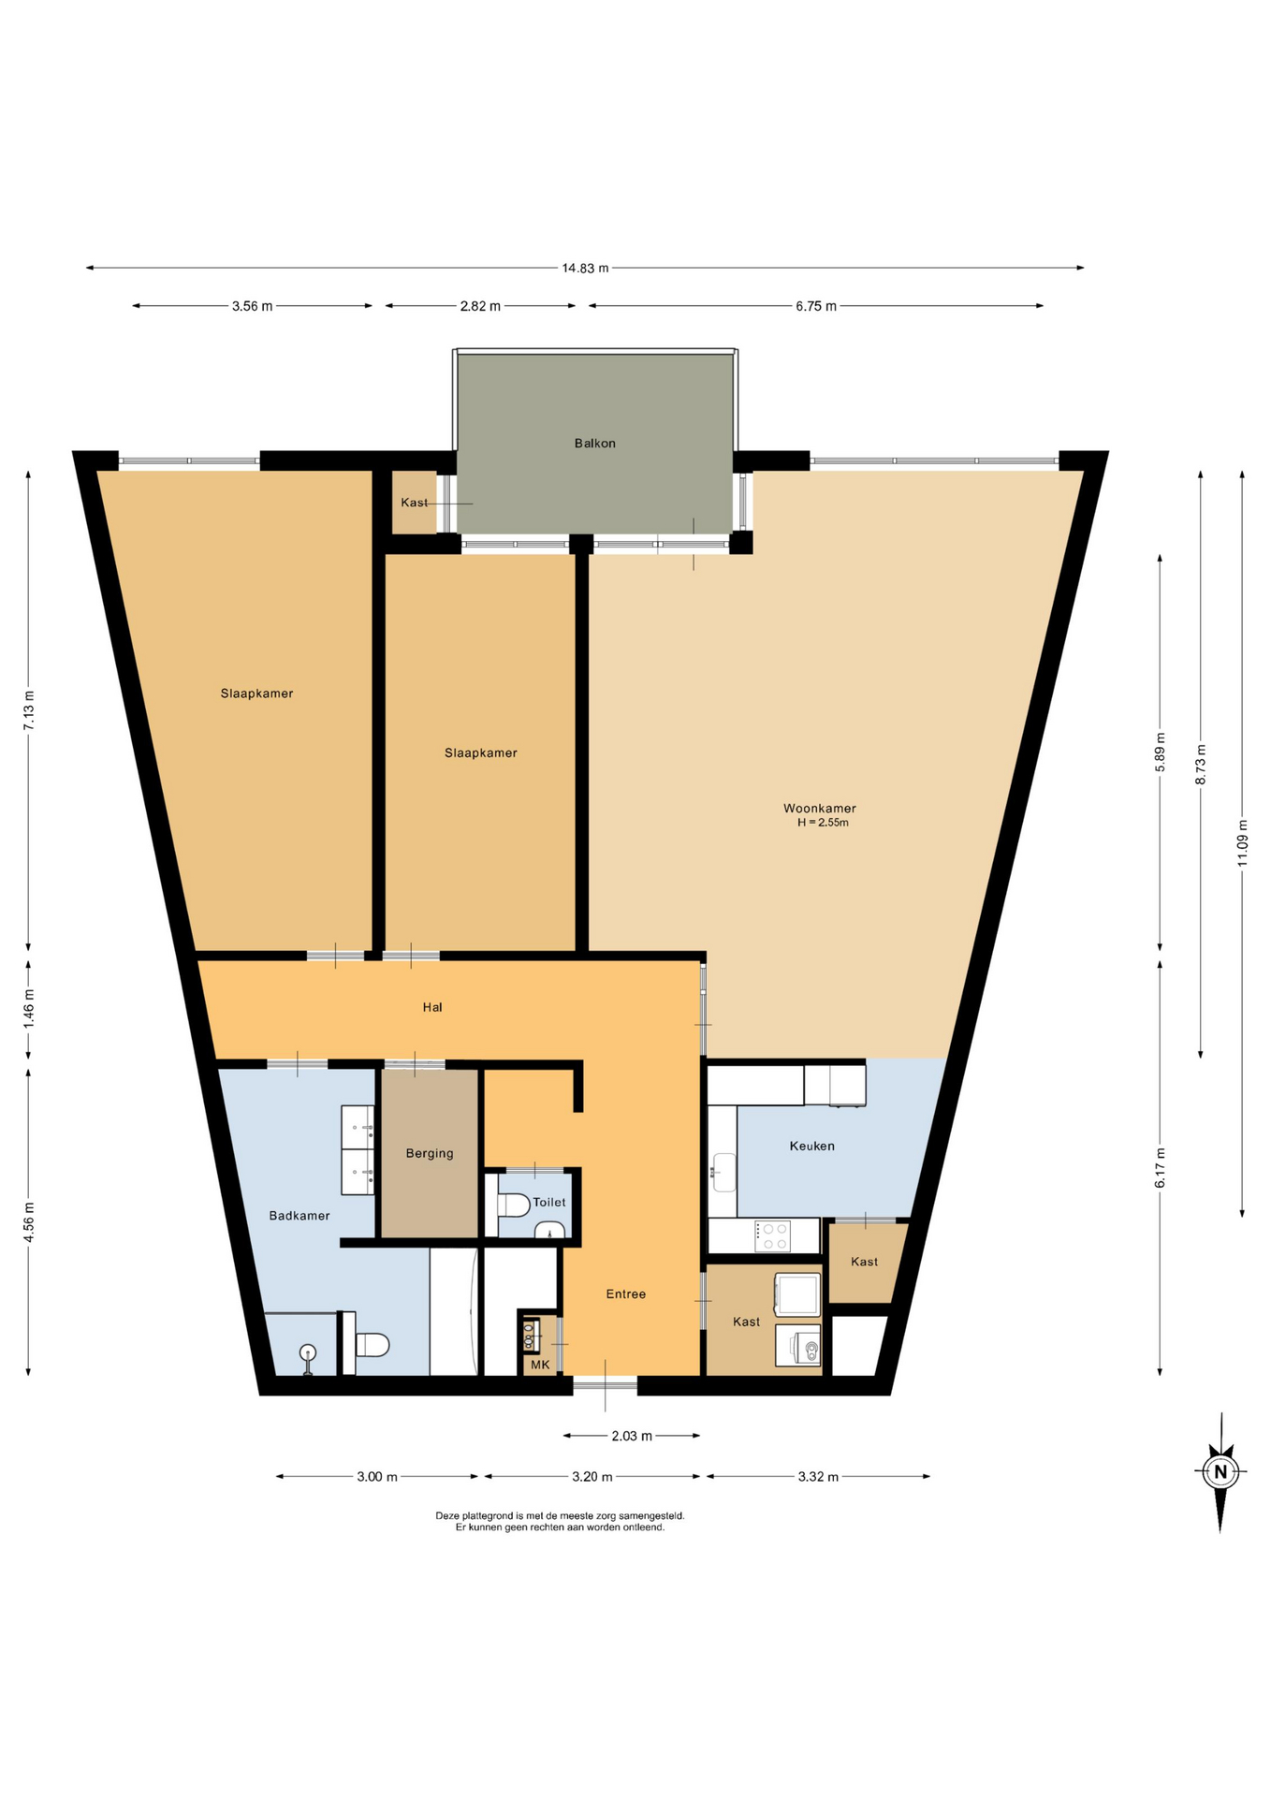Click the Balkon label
pos(594,444)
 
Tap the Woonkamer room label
pos(819,809)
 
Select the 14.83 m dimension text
pos(585,269)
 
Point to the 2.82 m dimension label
pos(480,306)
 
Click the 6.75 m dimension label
pos(816,306)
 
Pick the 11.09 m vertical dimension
pos(1243,842)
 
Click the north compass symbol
pos(1220,1471)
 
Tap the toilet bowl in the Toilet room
pos(513,1205)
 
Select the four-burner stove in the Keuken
pos(773,1236)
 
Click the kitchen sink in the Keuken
pos(724,1172)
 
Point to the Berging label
pos(430,1154)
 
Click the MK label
pos(540,1365)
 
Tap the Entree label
pos(626,1294)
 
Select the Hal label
pos(432,1007)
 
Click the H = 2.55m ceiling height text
pos(823,823)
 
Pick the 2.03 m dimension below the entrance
pos(632,1436)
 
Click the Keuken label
pos(811,1146)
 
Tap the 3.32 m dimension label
pos(818,1477)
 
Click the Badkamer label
pos(299,1216)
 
